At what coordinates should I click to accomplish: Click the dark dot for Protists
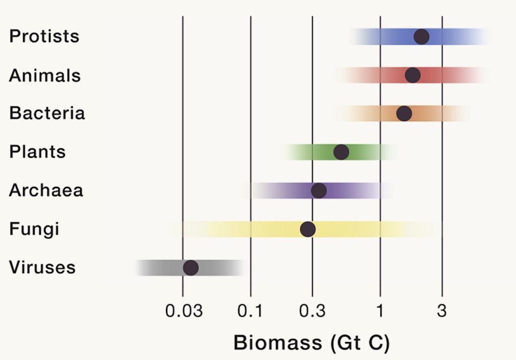pyautogui.click(x=421, y=37)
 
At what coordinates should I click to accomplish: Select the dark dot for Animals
pyautogui.click(x=413, y=75)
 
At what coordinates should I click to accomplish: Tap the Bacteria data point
pyautogui.click(x=404, y=113)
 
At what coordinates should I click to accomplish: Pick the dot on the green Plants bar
pyautogui.click(x=341, y=152)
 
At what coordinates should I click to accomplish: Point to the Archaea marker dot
pyautogui.click(x=318, y=190)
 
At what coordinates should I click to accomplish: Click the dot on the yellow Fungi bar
pyautogui.click(x=308, y=229)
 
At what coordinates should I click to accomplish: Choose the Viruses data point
pyautogui.click(x=190, y=267)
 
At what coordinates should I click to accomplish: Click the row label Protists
pyautogui.click(x=44, y=37)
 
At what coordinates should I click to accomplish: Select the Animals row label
pyautogui.click(x=45, y=76)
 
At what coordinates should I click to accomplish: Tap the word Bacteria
pyautogui.click(x=47, y=113)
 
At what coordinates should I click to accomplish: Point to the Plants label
pyautogui.click(x=37, y=152)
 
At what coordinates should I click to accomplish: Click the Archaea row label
pyautogui.click(x=46, y=190)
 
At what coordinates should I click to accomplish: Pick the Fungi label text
pyautogui.click(x=34, y=229)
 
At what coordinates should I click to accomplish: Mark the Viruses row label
pyautogui.click(x=42, y=267)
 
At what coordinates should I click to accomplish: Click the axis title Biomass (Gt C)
pyautogui.click(x=311, y=343)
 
